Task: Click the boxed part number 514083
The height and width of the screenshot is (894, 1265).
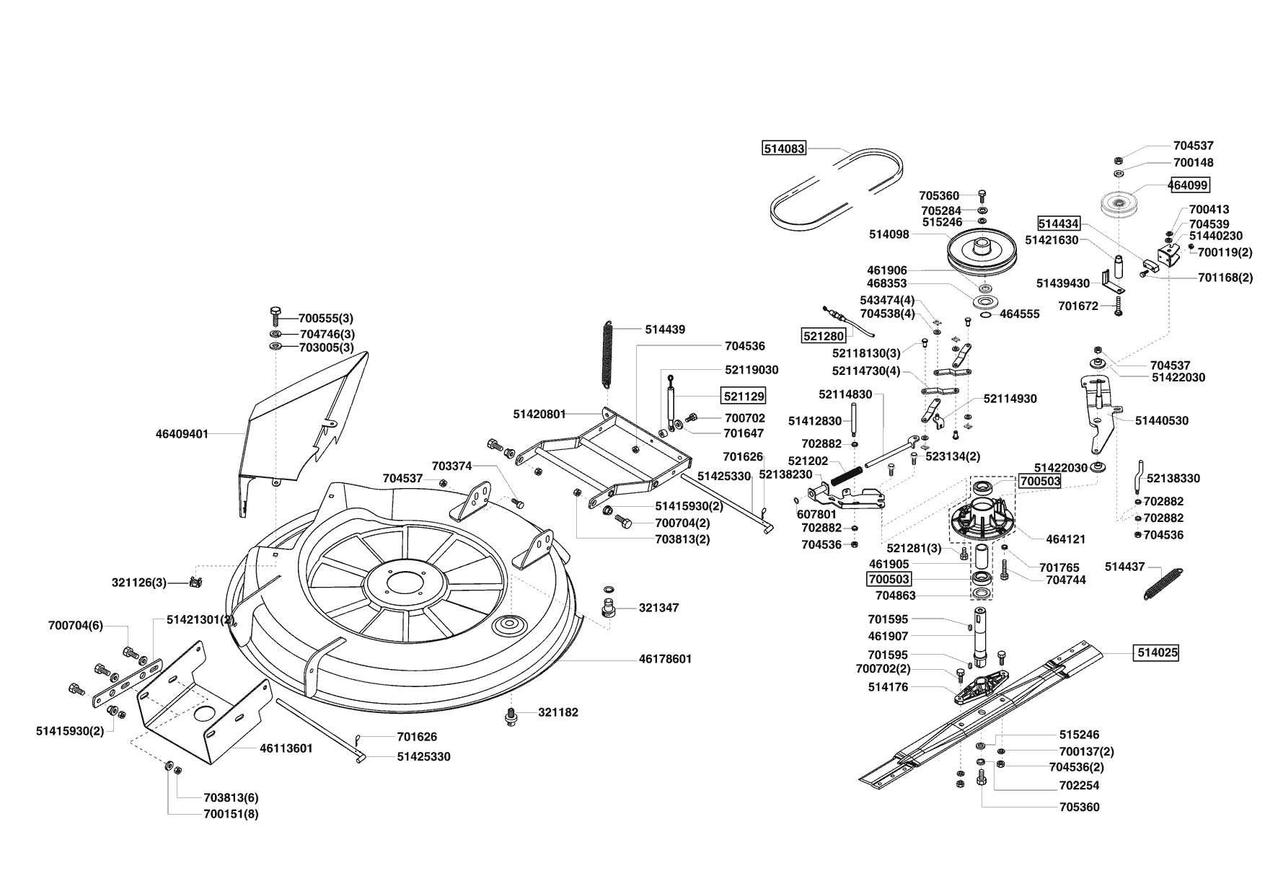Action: pyautogui.click(x=784, y=149)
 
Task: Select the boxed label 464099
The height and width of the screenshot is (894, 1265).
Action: pyautogui.click(x=1189, y=185)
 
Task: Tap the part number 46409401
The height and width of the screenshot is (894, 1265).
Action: pyautogui.click(x=182, y=434)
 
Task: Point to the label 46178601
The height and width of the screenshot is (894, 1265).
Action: pyautogui.click(x=665, y=659)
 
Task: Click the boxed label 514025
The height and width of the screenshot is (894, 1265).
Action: pyautogui.click(x=1158, y=653)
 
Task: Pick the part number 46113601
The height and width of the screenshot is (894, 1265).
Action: pyautogui.click(x=286, y=748)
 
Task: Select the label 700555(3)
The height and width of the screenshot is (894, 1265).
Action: pyautogui.click(x=326, y=318)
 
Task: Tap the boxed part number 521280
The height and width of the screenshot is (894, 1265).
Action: pyautogui.click(x=823, y=336)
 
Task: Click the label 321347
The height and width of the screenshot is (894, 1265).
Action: pyautogui.click(x=658, y=608)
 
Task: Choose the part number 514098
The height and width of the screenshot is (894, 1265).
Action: pyautogui.click(x=889, y=234)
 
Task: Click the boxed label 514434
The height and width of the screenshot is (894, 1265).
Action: pyautogui.click(x=1059, y=224)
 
